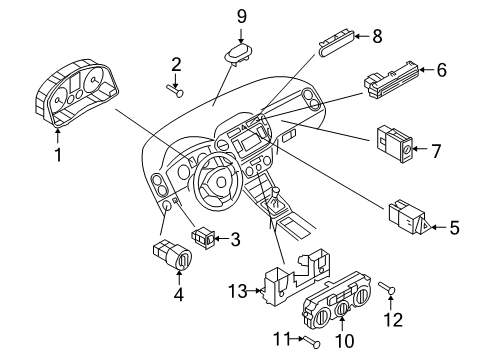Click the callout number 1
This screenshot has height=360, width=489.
(x=58, y=155)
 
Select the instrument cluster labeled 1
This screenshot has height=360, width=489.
(x=76, y=93)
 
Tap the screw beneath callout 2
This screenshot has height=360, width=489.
(x=175, y=91)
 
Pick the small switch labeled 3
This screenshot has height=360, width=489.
(x=203, y=237)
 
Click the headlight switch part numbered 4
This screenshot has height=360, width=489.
(x=173, y=256)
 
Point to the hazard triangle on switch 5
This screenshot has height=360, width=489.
(x=425, y=227)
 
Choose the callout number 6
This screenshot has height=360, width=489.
(x=441, y=70)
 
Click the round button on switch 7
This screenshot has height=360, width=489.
(x=407, y=152)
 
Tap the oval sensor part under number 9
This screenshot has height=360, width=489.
(x=238, y=52)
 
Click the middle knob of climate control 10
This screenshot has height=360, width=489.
(x=342, y=310)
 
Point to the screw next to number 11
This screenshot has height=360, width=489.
(x=311, y=342)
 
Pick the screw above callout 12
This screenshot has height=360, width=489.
(x=387, y=288)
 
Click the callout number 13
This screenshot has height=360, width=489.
(x=238, y=291)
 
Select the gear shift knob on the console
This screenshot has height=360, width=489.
(x=276, y=192)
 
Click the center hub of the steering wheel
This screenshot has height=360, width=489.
(x=221, y=182)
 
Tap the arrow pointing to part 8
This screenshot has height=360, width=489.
(x=362, y=36)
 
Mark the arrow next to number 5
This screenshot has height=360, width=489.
(x=439, y=227)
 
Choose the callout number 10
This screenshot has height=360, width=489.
(x=345, y=341)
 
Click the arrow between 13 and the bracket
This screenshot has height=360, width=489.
(x=255, y=291)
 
